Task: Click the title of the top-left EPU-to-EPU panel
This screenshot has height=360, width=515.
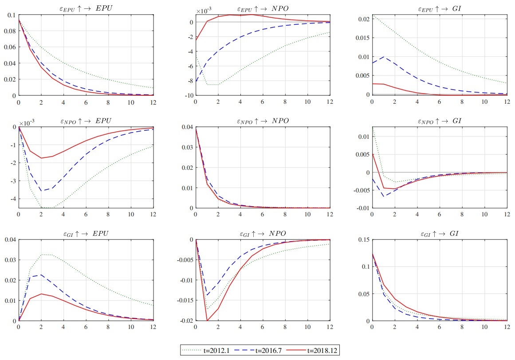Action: tap(85, 8)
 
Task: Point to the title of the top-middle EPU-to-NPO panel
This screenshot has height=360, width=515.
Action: tap(262, 8)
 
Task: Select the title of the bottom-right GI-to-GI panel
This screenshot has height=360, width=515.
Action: tap(439, 234)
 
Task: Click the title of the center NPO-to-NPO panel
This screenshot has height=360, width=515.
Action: tap(262, 121)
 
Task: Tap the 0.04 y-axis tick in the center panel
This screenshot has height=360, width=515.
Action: tap(187, 127)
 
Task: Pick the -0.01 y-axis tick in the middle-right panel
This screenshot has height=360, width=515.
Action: tap(363, 208)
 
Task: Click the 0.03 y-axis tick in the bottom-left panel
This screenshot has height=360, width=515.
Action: tap(10, 260)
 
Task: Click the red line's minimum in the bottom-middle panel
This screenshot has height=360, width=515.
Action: tap(207, 321)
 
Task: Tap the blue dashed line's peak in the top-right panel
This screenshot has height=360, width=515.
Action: tap(384, 57)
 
